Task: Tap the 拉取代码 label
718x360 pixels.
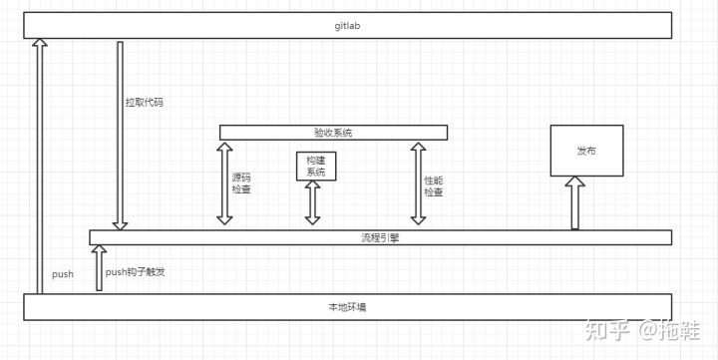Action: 144,102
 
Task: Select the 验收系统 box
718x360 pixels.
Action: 333,133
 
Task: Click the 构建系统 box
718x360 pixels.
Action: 316,166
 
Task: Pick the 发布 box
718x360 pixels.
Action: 586,151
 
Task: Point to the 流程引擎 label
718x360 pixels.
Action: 379,237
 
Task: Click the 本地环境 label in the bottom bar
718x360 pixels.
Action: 347,307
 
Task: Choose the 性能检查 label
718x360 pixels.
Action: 433,185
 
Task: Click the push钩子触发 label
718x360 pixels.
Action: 134,271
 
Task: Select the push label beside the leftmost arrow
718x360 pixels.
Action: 63,273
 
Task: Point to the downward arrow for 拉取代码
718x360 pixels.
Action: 119,135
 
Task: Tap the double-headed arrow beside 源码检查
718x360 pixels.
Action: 223,183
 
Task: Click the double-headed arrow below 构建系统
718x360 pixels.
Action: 313,203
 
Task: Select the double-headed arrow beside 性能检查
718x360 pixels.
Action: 417,183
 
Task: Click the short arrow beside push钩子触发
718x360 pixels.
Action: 98,268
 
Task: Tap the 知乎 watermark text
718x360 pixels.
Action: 604,328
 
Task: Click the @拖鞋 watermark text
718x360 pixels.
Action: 669,328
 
